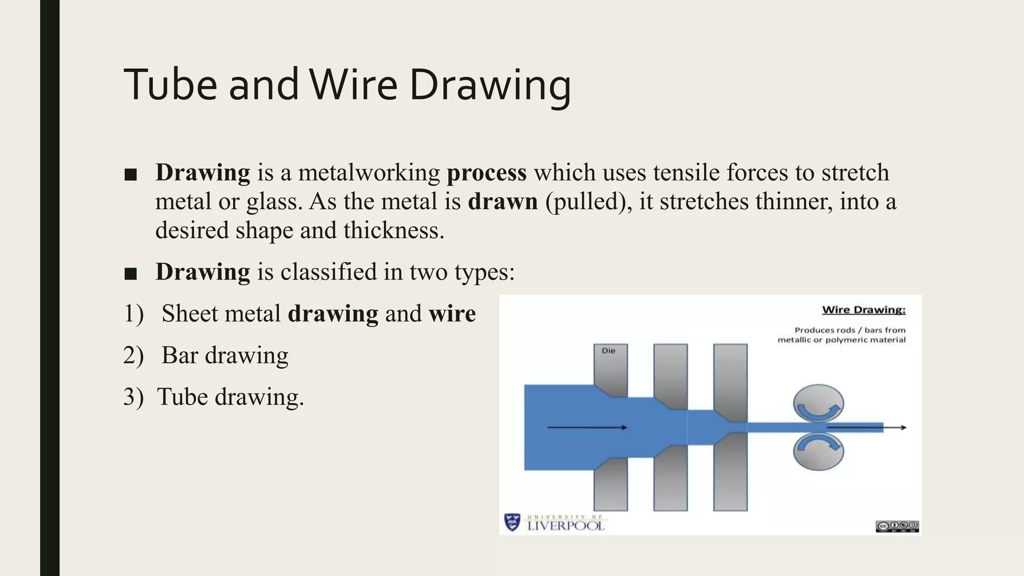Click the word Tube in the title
170,85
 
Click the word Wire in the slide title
353,85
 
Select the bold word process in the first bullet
486,172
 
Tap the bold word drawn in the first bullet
502,201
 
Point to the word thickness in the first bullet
393,230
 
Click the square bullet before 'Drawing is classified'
130,273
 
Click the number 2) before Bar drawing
133,355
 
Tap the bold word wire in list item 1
452,314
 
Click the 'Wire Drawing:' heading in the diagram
863,310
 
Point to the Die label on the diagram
608,351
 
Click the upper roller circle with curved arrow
818,404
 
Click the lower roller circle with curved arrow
818,450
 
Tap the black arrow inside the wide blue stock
587,427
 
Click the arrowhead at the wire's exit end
903,427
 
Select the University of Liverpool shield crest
512,522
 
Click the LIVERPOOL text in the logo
566,526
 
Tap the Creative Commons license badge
897,526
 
